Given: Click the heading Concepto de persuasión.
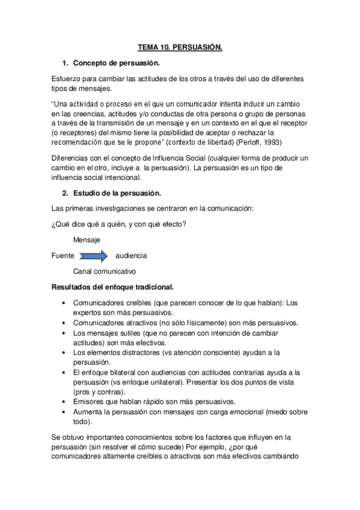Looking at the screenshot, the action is (x=116, y=63).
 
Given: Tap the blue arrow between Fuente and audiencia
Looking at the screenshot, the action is (x=93, y=256).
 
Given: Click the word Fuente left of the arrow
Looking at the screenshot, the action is (x=63, y=256).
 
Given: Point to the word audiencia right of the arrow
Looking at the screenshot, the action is (x=130, y=256).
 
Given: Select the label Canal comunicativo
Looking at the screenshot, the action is (x=105, y=271).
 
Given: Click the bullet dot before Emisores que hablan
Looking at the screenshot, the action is (x=64, y=402).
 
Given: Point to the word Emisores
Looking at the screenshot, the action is (x=90, y=402).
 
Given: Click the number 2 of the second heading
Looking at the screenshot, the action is (x=65, y=193).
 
